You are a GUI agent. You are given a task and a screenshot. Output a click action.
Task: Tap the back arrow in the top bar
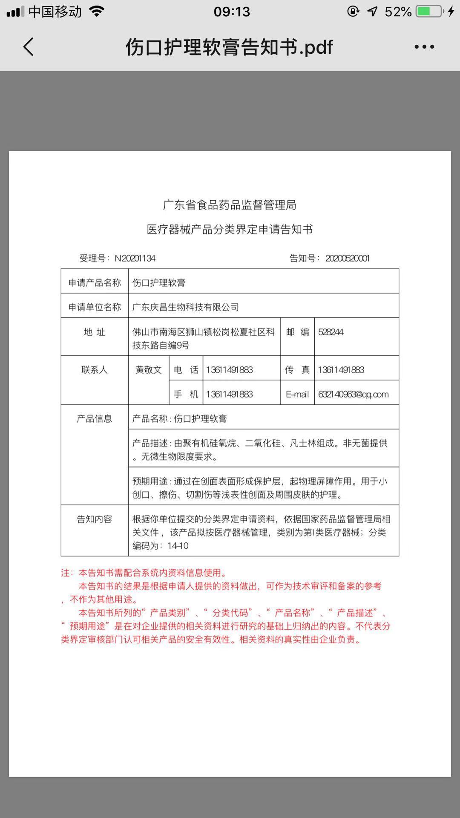[x=29, y=47]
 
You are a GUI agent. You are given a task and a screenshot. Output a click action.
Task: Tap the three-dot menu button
[x=424, y=47]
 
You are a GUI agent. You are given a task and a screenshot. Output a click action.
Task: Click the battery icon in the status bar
[x=429, y=12]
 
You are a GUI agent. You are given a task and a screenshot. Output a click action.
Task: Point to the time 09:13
[x=232, y=12]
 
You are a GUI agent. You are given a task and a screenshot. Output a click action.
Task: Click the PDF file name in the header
[x=229, y=47]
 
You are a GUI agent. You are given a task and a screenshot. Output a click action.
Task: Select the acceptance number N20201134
[x=135, y=258]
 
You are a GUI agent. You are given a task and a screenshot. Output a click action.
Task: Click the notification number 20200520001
[x=347, y=258]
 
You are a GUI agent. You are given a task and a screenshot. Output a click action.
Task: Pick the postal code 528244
[x=331, y=332]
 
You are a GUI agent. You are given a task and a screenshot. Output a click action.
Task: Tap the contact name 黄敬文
[x=149, y=370]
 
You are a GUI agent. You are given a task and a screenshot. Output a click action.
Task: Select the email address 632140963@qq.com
[x=353, y=395]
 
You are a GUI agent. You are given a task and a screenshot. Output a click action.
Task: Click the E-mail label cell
[x=297, y=395]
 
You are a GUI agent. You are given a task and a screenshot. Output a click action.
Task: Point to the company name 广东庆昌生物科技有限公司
[x=185, y=307]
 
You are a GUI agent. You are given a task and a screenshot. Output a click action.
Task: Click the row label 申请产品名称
[x=95, y=283]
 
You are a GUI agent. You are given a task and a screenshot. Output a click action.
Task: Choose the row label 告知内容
[x=95, y=519]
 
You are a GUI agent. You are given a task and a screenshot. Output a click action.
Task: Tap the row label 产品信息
[x=95, y=419]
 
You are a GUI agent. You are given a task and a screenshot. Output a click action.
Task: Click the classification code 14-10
[x=178, y=546]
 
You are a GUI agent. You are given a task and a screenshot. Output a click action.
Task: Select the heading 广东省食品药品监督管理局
[x=230, y=205]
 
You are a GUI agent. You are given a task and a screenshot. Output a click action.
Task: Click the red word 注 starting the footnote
[x=65, y=573]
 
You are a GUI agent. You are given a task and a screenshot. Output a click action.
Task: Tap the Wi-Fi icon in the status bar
[x=97, y=12]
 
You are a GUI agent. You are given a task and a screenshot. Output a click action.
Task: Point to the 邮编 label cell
[x=298, y=332]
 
